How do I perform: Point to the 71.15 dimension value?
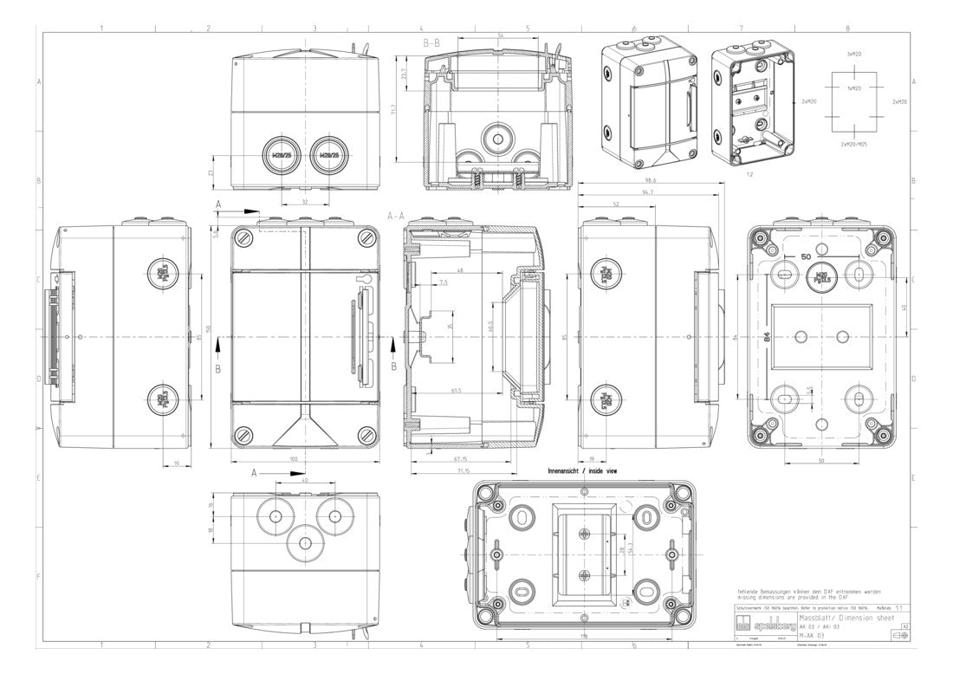point(463,471)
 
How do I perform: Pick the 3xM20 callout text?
point(853,55)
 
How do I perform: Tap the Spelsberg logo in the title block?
point(755,624)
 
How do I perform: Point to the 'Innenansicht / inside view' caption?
point(582,471)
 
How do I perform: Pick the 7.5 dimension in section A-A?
point(444,283)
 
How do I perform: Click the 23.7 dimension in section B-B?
point(405,75)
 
